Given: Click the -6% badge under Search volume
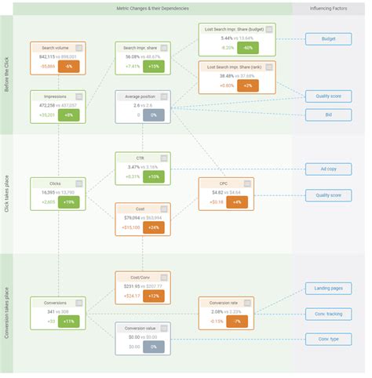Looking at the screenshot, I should (x=68, y=67).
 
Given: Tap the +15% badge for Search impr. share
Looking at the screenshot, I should (x=153, y=67).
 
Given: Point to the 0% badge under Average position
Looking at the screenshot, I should (x=153, y=114).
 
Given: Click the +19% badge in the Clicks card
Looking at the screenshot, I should (x=68, y=202).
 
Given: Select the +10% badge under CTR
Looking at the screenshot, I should (x=153, y=176).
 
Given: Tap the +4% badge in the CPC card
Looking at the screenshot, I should (x=238, y=202).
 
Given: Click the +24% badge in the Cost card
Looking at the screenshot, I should (x=153, y=227).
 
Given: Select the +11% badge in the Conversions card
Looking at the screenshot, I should (x=68, y=321).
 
